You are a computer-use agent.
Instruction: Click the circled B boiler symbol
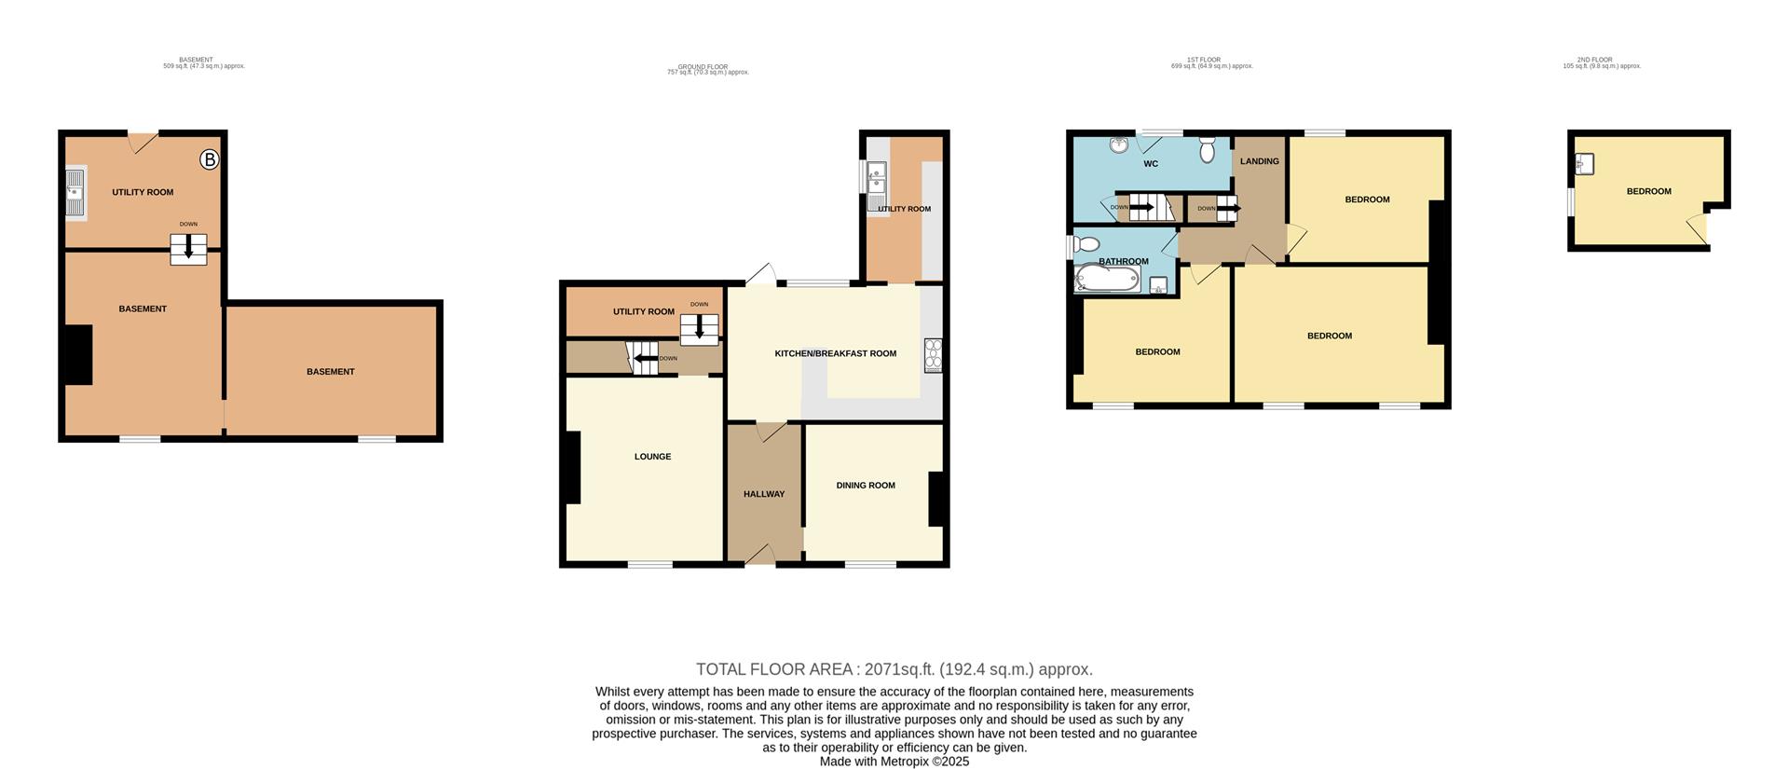pos(210,160)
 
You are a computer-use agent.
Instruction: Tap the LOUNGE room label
pos(652,457)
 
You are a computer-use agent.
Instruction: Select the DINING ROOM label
pos(865,485)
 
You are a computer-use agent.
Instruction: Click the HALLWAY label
pos(763,494)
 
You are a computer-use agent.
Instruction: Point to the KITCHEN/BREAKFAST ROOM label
pos(835,353)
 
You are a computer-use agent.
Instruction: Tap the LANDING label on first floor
pos(1259,161)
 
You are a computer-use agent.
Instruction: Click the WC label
pos(1151,164)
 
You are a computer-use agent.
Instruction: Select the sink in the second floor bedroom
pos(1585,164)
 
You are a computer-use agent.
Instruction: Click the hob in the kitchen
pos(933,355)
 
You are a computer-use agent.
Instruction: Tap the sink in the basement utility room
pos(75,192)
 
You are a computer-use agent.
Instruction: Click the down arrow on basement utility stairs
pos(188,248)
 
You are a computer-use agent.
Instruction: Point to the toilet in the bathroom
pos(1084,244)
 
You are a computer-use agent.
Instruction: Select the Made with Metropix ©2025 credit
pos(894,762)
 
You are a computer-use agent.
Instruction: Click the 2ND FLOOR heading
pos(1601,60)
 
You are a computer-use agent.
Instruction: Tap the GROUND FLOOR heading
pos(703,67)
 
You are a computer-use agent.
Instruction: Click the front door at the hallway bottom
pos(761,556)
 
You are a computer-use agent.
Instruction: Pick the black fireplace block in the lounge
pos(571,468)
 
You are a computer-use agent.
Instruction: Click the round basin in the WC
pos(1118,145)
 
